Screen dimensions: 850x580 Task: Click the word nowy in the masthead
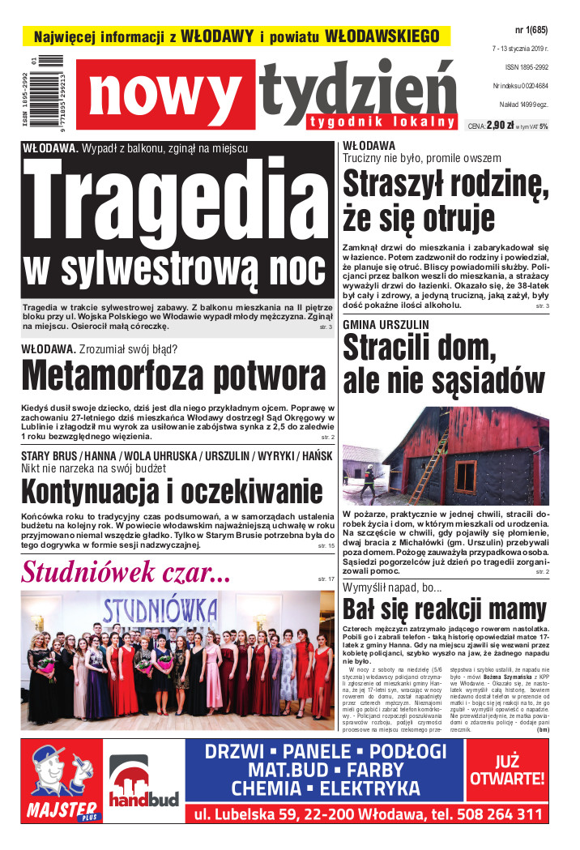click(x=168, y=96)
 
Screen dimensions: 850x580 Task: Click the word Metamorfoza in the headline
click(x=112, y=378)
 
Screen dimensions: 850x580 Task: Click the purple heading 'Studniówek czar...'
click(x=126, y=572)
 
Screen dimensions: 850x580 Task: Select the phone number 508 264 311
click(x=493, y=814)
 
